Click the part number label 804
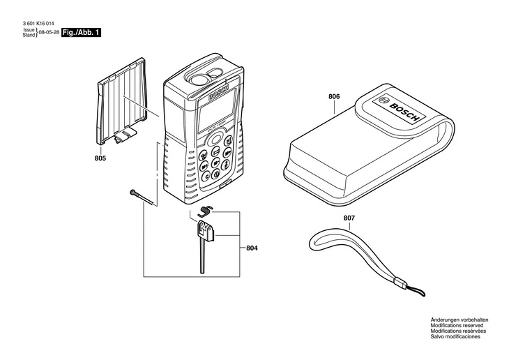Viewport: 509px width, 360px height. coord(252,248)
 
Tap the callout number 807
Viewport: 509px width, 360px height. coord(349,218)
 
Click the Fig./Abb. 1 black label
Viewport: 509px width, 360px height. coord(82,33)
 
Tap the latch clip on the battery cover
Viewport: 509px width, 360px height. coord(126,136)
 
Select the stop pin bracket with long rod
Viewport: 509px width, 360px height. coord(203,241)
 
